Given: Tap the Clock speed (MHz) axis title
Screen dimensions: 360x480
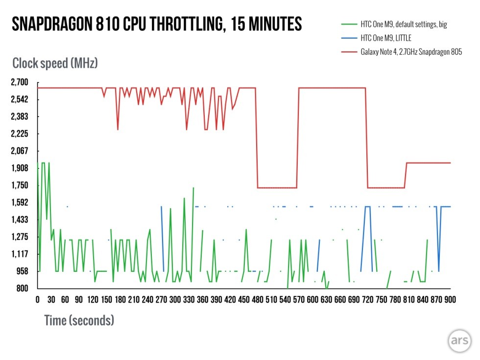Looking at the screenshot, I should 55,63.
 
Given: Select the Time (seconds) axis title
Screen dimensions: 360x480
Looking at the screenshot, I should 79,320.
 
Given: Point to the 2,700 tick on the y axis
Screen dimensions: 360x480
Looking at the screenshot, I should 20,82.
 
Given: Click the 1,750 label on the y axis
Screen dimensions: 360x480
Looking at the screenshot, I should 20,185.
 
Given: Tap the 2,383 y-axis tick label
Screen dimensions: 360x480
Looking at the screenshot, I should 20,117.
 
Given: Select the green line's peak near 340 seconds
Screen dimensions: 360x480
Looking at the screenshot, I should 193,188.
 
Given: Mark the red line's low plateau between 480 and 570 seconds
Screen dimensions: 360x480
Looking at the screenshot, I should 277,188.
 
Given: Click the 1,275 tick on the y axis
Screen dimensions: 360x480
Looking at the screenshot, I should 20,237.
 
